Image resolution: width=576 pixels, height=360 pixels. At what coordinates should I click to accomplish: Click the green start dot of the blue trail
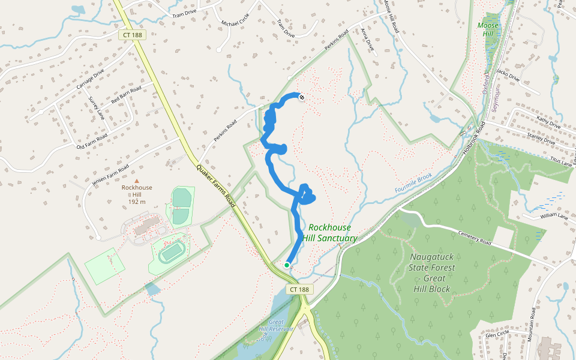[x=287, y=265]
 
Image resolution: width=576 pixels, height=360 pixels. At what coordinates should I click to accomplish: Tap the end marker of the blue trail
[x=301, y=96]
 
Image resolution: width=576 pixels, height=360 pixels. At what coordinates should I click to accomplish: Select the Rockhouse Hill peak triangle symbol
[x=137, y=180]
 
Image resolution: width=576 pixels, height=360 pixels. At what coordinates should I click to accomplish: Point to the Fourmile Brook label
[x=414, y=183]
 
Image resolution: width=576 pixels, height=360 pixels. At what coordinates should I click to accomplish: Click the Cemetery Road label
[x=474, y=239]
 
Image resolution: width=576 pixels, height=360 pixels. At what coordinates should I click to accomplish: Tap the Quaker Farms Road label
[x=214, y=185]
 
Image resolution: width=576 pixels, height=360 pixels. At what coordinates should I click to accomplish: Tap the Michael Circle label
[x=234, y=23]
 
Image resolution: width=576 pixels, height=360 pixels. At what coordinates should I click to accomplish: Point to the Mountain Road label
[x=532, y=325]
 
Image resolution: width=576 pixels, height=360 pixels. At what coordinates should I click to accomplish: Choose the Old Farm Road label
[x=92, y=142]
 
